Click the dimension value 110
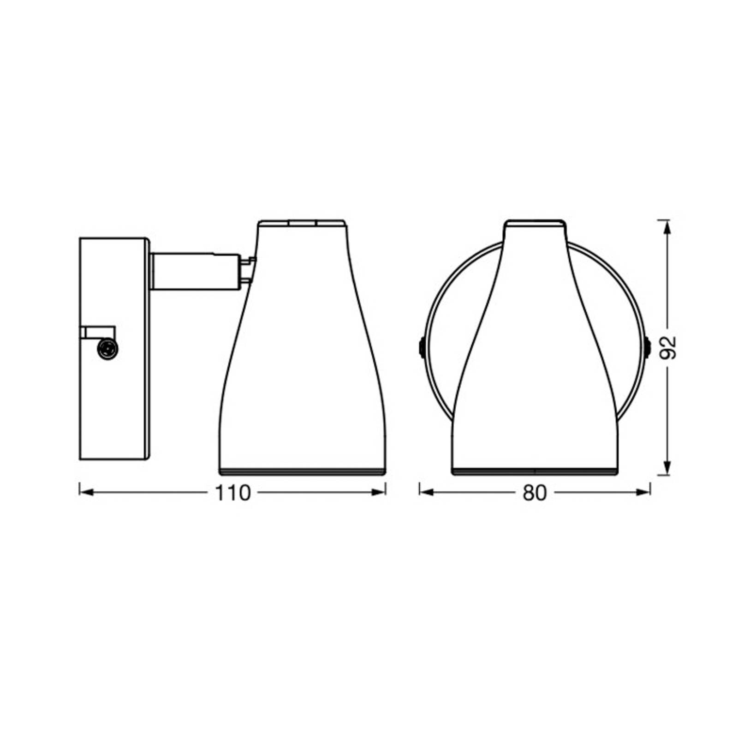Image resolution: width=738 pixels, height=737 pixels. tap(232, 493)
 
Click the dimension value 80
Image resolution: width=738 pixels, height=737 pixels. tap(534, 493)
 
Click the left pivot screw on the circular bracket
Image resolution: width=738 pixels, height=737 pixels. tap(422, 347)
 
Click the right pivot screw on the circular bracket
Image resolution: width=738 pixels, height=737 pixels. tap(647, 347)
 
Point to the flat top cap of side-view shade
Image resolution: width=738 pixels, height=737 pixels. tap(302, 223)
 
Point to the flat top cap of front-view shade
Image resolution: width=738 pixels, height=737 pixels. tap(535, 223)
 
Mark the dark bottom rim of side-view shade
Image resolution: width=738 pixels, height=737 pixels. tap(302, 471)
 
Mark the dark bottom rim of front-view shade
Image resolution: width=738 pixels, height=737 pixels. tap(535, 471)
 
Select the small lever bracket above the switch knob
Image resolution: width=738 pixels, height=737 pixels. tap(98, 332)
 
